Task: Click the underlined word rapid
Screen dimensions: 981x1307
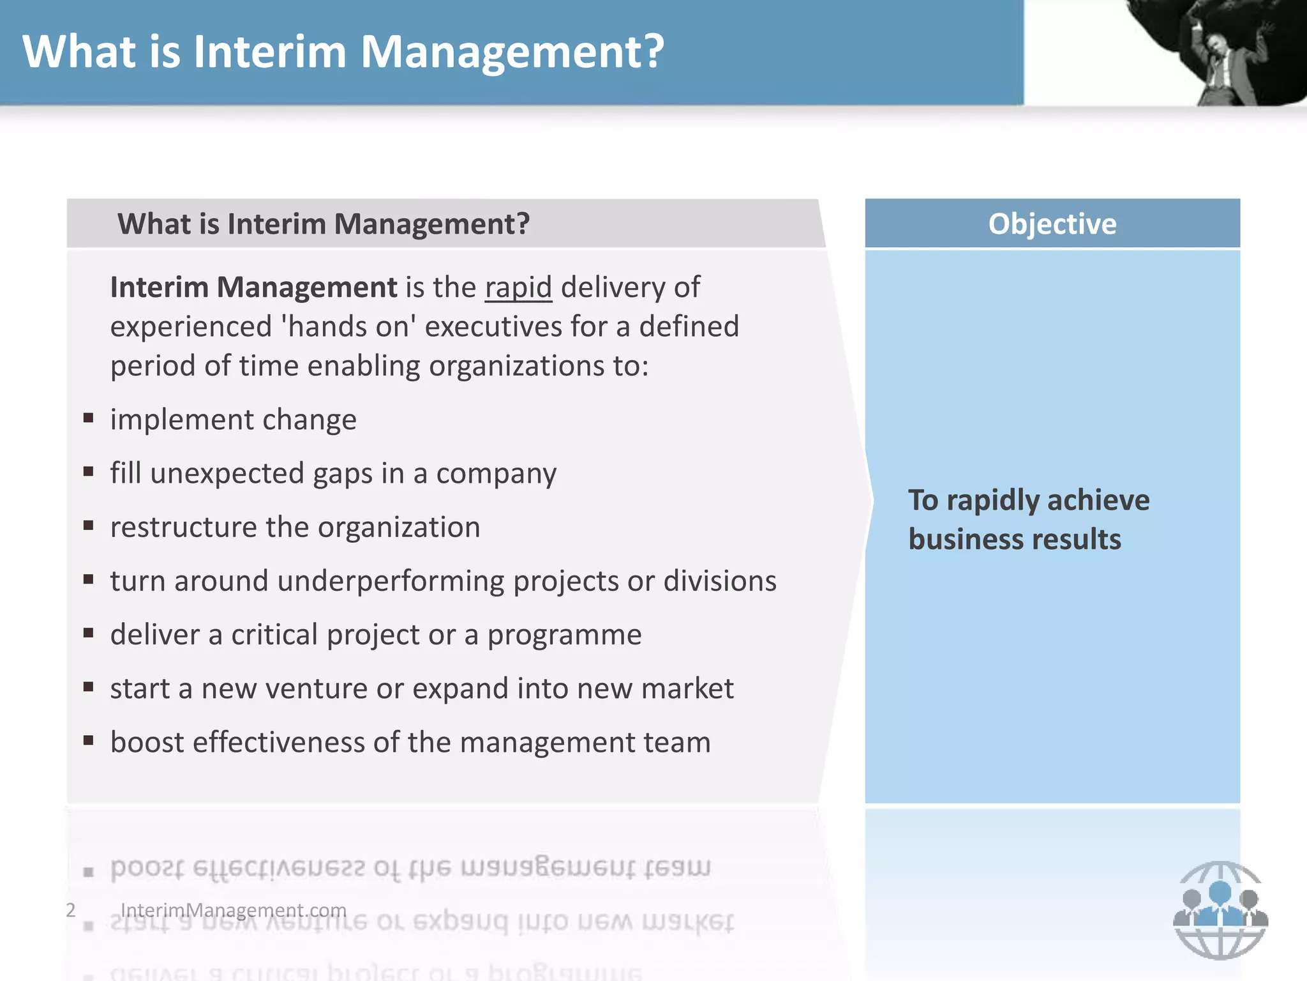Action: (518, 287)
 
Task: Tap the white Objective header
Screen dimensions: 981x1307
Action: (1052, 224)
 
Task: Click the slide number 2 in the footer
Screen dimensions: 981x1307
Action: (71, 909)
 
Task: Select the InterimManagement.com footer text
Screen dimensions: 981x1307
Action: (234, 909)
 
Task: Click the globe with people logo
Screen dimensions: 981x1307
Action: (1220, 911)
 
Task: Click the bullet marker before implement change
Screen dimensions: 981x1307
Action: (89, 419)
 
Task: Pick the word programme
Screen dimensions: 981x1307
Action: (564, 635)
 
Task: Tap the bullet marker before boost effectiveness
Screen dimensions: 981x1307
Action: (89, 741)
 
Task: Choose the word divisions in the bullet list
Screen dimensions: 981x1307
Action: (720, 581)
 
